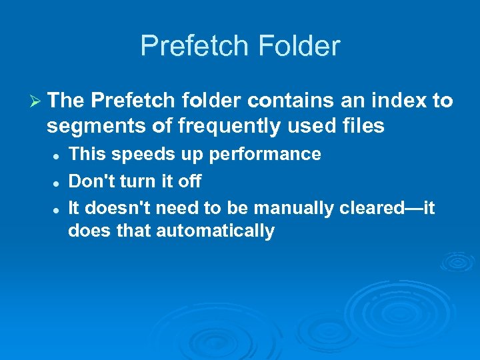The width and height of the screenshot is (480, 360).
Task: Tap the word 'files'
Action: coord(364,125)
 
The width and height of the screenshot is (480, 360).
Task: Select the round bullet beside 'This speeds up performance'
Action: coord(57,155)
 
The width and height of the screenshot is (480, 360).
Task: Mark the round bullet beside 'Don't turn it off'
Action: coord(57,182)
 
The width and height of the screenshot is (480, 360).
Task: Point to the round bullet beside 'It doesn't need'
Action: coord(57,209)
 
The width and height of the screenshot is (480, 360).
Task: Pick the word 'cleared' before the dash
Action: coord(369,209)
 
